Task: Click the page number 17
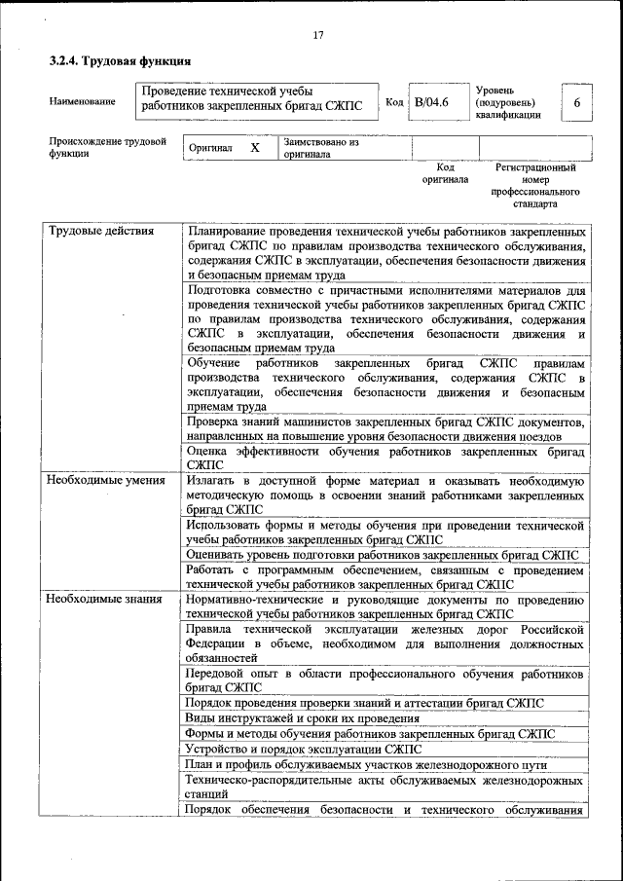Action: (317, 36)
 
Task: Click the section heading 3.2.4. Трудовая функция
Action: (119, 61)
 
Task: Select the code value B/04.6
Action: (430, 102)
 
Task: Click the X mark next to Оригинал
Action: (255, 148)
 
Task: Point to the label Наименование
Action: (83, 102)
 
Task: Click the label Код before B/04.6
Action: (394, 102)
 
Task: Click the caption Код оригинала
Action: (445, 173)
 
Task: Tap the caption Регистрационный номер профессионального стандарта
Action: (536, 186)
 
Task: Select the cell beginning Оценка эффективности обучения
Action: (385, 459)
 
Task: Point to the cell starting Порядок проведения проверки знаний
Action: (365, 702)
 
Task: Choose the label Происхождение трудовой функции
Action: (102, 148)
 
